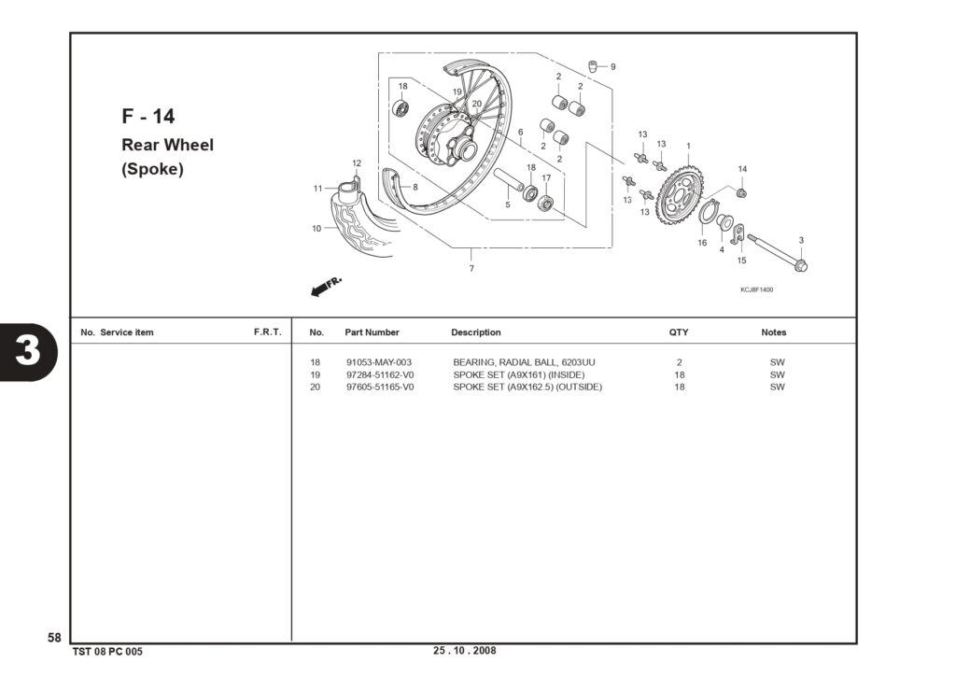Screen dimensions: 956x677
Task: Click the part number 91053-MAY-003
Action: pyautogui.click(x=379, y=362)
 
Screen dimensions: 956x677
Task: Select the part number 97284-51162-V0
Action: pyautogui.click(x=380, y=374)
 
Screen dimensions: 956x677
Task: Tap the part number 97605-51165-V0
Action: pyautogui.click(x=380, y=387)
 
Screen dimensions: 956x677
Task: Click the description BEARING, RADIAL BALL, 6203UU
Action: pyautogui.click(x=524, y=362)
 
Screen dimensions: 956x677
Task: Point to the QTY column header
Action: pyautogui.click(x=679, y=332)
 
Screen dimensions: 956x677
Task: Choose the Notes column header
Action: pyautogui.click(x=774, y=332)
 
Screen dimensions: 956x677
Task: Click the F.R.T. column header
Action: pyautogui.click(x=268, y=331)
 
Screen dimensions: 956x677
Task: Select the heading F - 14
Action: pyautogui.click(x=148, y=116)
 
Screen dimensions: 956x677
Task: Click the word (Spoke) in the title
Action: pyautogui.click(x=152, y=169)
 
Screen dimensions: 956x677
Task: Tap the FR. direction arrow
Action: pyautogui.click(x=326, y=287)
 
